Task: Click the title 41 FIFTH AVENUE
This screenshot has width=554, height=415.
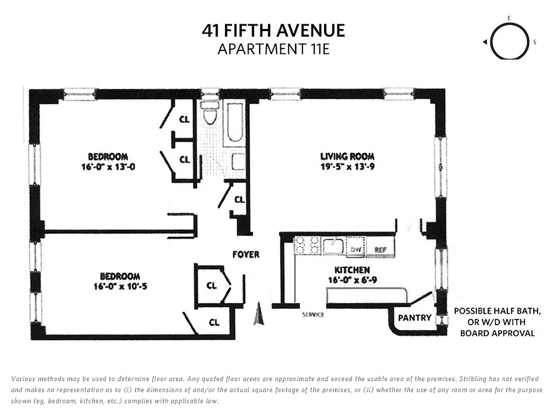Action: [273, 31]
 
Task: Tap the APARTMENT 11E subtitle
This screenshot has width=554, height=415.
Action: [273, 49]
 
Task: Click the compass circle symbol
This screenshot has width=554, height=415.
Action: [509, 43]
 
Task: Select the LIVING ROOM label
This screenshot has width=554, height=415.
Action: [347, 156]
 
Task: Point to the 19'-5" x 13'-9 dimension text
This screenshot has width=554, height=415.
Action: [347, 167]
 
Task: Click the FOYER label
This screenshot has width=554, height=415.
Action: [246, 255]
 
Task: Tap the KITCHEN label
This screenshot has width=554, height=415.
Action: [352, 270]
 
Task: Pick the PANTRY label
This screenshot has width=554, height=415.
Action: [414, 317]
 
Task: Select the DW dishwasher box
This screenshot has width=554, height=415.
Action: [356, 249]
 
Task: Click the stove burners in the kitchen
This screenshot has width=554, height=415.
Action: [306, 245]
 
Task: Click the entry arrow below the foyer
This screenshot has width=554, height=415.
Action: [258, 315]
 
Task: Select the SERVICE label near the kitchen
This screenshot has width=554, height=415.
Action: [313, 315]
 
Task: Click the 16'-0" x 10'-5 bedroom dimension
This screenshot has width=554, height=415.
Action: [120, 286]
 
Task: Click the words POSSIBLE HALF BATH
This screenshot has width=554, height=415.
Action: [497, 311]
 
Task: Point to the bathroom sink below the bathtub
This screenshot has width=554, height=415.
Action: [238, 162]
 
